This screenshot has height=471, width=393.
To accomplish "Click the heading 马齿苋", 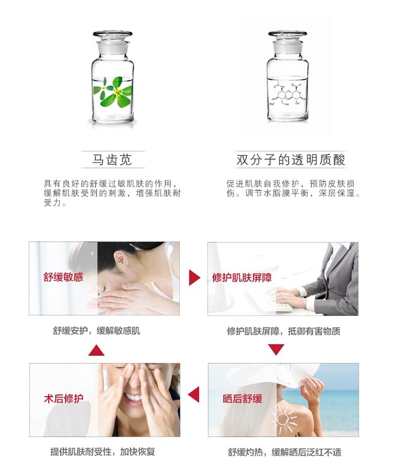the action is pyautogui.click(x=112, y=159).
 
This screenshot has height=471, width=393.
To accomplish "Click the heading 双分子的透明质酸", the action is pyautogui.click(x=291, y=159).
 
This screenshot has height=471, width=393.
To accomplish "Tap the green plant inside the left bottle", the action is pyautogui.click(x=113, y=92).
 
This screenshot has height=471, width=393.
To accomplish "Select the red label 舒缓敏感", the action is pyautogui.click(x=63, y=277).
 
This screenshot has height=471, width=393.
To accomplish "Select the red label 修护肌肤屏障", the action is pyautogui.click(x=242, y=277).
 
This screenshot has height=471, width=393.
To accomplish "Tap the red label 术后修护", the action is pyautogui.click(x=64, y=399).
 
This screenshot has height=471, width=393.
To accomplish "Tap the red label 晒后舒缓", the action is pyautogui.click(x=242, y=399).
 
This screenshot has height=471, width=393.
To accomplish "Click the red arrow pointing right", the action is pyautogui.click(x=194, y=277).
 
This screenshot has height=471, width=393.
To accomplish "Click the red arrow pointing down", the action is pyautogui.click(x=276, y=349).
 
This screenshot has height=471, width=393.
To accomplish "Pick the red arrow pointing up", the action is pyautogui.click(x=96, y=350).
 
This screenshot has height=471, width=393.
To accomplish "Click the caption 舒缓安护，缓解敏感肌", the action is pyautogui.click(x=96, y=331).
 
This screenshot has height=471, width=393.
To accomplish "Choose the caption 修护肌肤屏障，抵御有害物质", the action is pyautogui.click(x=284, y=331).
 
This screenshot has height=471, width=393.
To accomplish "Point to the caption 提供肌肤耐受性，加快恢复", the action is pyautogui.click(x=102, y=452).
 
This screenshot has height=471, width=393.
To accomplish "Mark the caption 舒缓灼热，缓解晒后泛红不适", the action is pyautogui.click(x=285, y=452).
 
